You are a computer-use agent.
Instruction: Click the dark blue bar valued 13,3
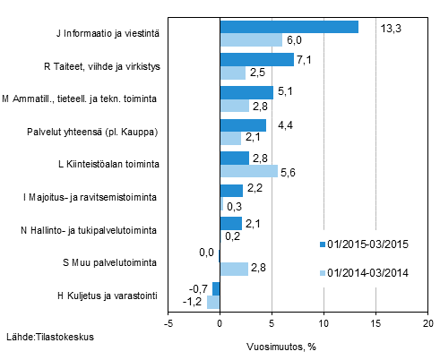289,27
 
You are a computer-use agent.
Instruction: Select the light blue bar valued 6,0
251,39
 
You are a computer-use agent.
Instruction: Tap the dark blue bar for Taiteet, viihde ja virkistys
256,60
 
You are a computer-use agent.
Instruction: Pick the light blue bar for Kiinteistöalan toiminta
248,171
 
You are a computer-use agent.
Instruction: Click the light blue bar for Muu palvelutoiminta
234,269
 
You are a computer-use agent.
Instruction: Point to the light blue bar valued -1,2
213,302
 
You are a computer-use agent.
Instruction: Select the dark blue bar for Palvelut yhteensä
243,125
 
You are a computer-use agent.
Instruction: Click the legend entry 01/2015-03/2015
367,244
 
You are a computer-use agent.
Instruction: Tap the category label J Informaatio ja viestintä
107,34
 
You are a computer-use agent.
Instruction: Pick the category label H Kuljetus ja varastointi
108,296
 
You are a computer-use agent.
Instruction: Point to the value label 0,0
206,253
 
